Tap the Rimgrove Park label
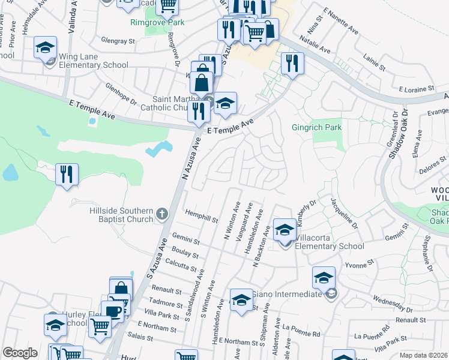pyautogui.click(x=158, y=22)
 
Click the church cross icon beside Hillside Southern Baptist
pyautogui.click(x=161, y=214)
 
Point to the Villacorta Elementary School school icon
pyautogui.click(x=285, y=230)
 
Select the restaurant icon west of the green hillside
pyautogui.click(x=67, y=175)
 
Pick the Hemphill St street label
pyautogui.click(x=202, y=217)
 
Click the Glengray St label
pyautogui.click(x=119, y=41)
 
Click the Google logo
pyautogui.click(x=20, y=353)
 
